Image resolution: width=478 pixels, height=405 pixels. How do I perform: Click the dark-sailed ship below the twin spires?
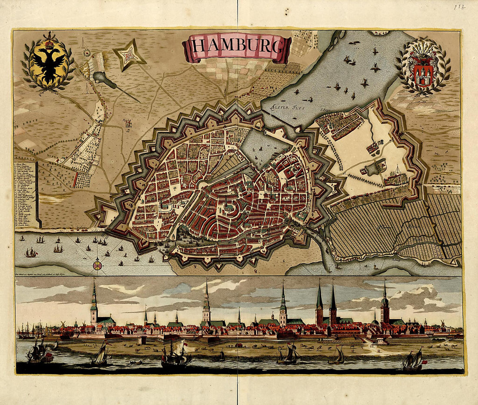point(337,356)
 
